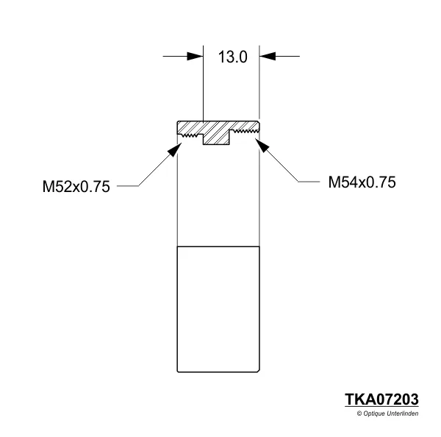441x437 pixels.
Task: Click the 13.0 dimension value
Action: point(232,57)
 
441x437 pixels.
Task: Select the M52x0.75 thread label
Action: point(76,187)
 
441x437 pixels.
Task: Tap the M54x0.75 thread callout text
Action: point(362,182)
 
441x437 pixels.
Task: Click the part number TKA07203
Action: point(381,399)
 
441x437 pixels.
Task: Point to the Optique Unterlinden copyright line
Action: point(387,414)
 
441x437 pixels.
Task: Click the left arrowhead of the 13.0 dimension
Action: point(195,56)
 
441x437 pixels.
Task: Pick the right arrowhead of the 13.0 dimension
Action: point(268,56)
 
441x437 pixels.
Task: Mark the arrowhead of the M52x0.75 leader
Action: point(174,148)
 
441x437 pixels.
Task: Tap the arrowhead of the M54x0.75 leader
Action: point(264,146)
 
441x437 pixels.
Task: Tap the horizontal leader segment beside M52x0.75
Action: point(126,186)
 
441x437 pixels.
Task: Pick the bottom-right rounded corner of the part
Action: point(258,369)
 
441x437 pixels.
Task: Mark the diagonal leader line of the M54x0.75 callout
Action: point(281,165)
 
